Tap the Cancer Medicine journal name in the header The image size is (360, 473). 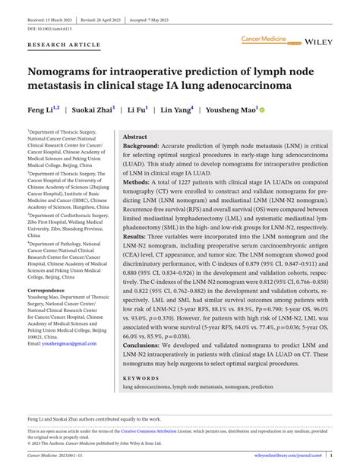[263, 38]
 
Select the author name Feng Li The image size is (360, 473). [42, 110]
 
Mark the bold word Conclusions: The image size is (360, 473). [145, 345]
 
